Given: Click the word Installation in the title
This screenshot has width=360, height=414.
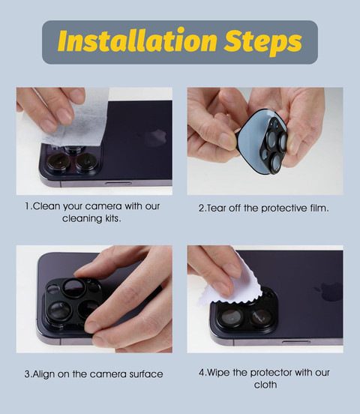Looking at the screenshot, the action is tap(137, 40).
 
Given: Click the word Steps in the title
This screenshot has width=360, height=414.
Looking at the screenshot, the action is tap(262, 42).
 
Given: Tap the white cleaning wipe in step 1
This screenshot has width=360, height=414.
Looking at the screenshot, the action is tap(79, 118).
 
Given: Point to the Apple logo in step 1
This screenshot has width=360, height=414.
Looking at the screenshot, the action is tap(156, 137).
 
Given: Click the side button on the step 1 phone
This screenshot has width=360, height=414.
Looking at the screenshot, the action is tap(118, 183).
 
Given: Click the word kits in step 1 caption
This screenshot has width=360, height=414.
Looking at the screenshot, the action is tap(112, 218).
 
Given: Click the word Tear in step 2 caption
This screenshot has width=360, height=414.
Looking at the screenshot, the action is tap(217, 208).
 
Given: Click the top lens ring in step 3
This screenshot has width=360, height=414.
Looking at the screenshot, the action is tap(74, 288).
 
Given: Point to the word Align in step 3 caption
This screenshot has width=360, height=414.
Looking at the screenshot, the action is tap(43, 374).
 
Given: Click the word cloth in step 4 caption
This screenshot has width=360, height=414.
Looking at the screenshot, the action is tap(265, 385).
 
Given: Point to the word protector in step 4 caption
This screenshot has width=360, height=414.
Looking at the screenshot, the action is tap(271, 373).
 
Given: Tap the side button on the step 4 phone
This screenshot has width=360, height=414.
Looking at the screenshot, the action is tap(295, 342).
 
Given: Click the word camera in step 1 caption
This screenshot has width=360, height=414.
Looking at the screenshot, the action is tap(103, 206).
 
